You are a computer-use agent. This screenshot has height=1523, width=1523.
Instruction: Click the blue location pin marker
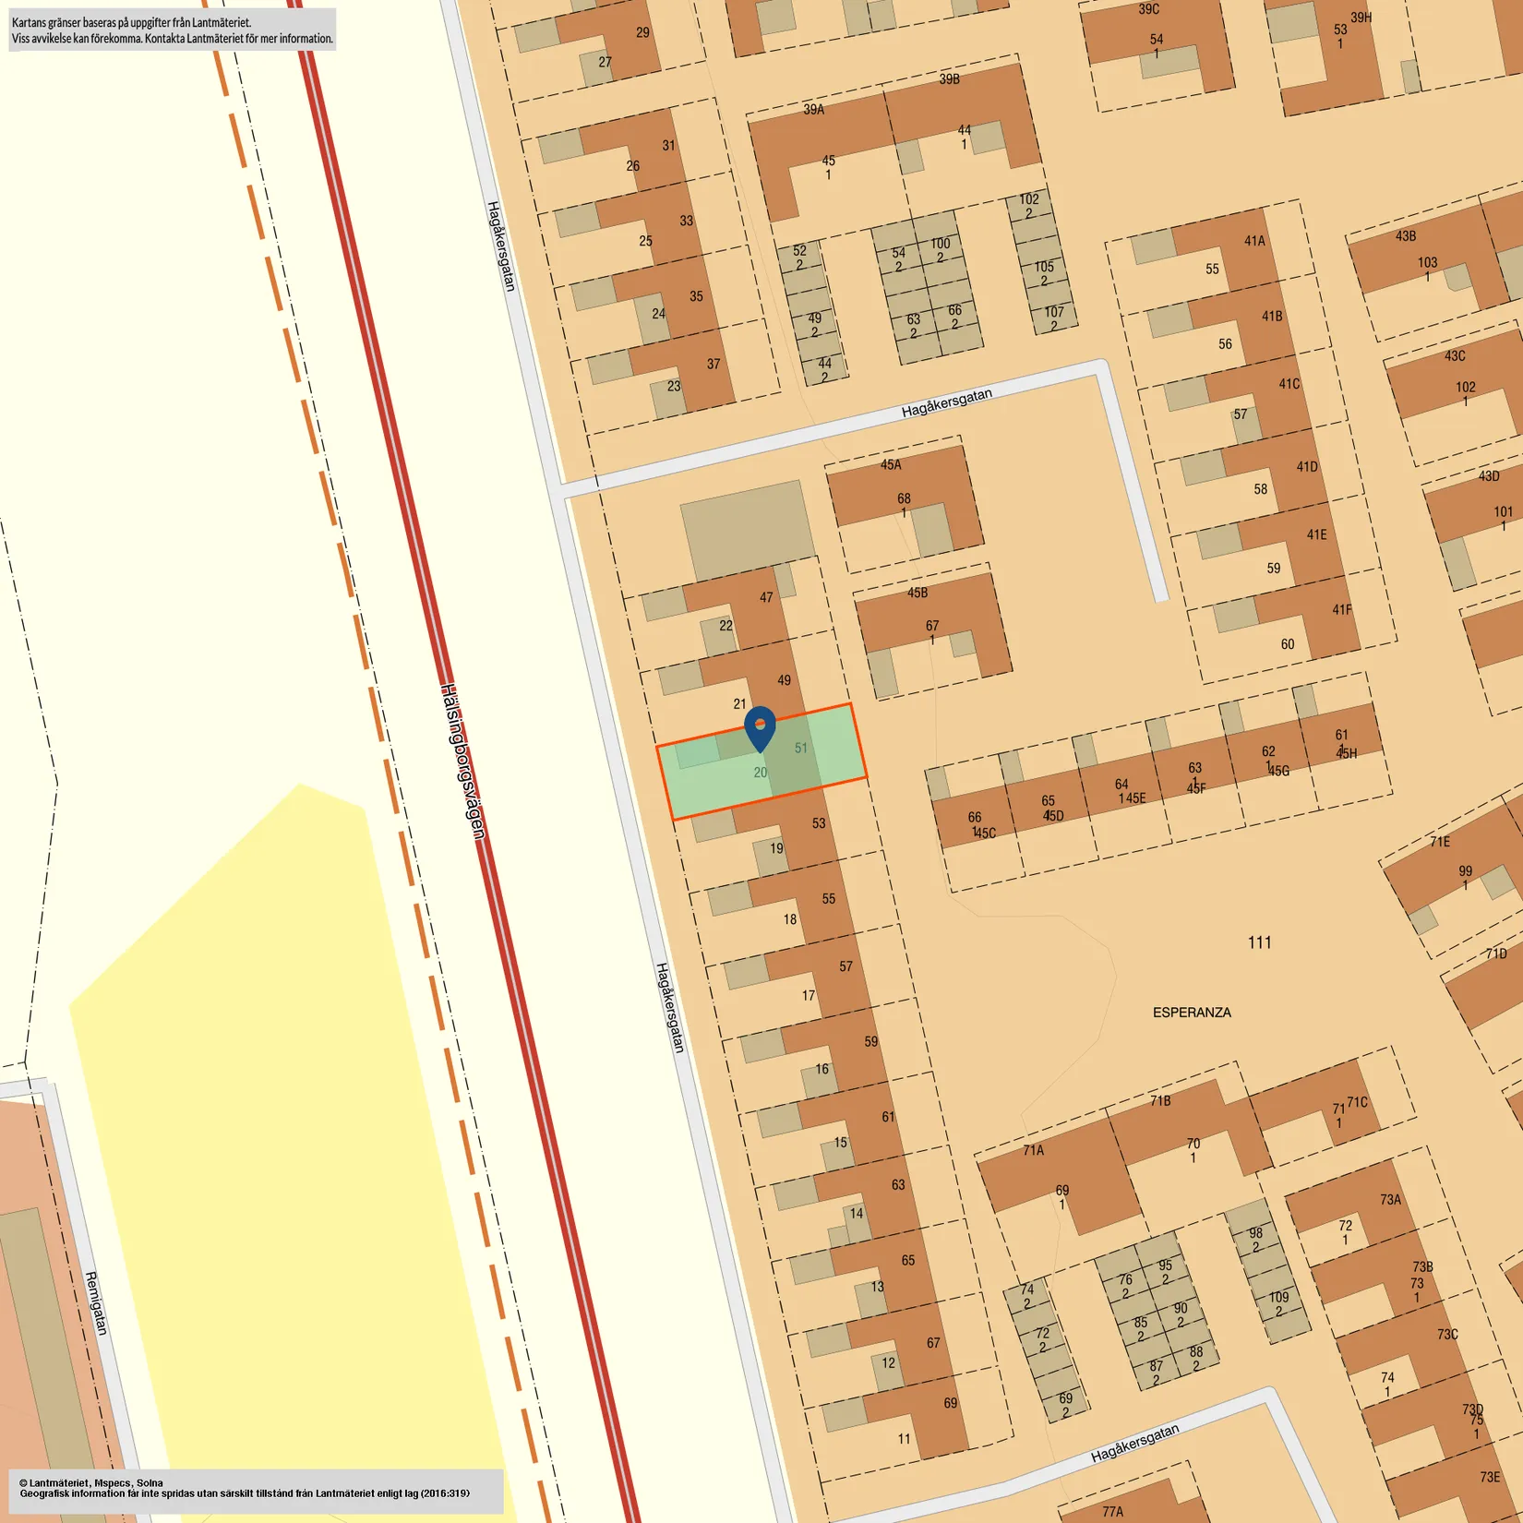760,727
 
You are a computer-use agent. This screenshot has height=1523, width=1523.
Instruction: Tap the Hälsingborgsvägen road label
462,761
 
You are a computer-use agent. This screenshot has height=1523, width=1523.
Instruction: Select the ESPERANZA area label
1192,1013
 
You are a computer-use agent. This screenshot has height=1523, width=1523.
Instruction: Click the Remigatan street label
96,1302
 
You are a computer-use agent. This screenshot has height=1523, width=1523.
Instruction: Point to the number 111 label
1259,942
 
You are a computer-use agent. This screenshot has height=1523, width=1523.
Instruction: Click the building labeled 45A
891,465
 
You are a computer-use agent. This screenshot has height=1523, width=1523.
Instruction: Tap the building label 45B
917,593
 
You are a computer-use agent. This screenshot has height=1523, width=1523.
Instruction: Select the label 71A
1033,1150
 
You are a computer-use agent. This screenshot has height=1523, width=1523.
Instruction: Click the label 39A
813,110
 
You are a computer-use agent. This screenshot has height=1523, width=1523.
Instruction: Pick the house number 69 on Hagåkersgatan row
950,1403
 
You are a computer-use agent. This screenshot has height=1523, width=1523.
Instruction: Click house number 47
766,597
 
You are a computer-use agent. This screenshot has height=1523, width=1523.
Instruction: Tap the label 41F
1341,610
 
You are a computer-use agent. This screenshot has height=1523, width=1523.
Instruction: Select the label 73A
1390,1200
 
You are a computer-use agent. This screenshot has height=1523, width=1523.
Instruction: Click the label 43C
1455,356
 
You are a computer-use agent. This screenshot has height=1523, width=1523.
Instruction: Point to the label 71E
1440,842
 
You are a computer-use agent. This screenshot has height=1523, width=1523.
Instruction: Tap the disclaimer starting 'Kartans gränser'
172,30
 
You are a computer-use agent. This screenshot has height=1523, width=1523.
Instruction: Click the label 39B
949,79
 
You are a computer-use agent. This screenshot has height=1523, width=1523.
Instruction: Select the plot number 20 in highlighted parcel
760,773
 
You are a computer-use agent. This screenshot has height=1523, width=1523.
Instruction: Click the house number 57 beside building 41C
1241,414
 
